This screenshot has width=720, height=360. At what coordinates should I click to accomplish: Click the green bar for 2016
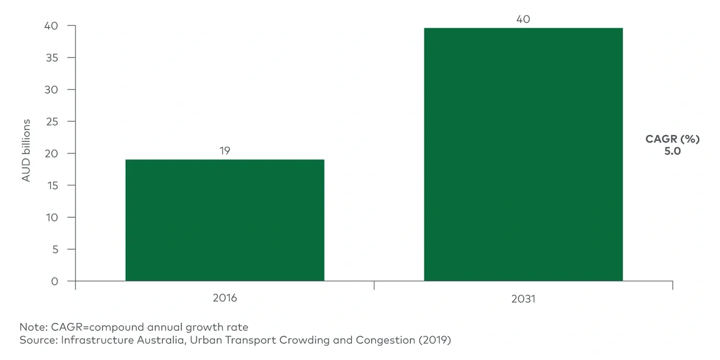[x=224, y=220]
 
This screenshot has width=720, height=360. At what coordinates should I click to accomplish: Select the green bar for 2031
[x=523, y=155]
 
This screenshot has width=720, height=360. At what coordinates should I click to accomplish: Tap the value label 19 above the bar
[x=224, y=151]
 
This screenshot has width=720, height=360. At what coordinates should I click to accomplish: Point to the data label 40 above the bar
[x=523, y=19]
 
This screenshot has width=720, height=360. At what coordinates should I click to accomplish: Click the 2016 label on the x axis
[x=224, y=298]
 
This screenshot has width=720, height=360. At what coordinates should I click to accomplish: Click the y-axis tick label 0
[x=54, y=281]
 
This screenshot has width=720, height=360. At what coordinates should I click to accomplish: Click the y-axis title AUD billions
[x=26, y=150]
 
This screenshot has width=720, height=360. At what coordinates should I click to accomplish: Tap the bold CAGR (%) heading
[x=672, y=139]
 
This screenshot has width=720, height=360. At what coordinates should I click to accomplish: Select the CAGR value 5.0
[x=672, y=151]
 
